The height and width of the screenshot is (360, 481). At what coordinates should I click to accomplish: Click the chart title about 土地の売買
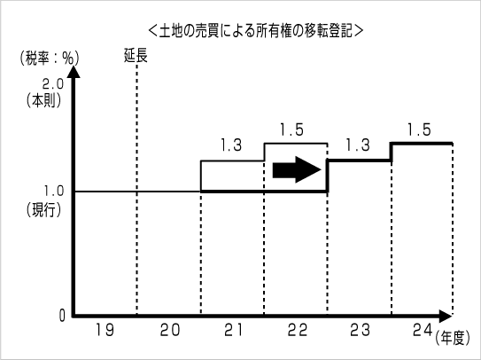pyautogui.click(x=255, y=31)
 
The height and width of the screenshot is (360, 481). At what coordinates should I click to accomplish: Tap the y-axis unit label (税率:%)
pyautogui.click(x=50, y=58)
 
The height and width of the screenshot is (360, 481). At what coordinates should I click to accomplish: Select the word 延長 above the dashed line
pyautogui.click(x=136, y=56)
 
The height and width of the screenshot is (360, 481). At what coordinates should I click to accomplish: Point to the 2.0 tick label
pyautogui.click(x=52, y=84)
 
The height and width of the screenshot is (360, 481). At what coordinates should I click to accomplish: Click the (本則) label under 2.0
pyautogui.click(x=44, y=100)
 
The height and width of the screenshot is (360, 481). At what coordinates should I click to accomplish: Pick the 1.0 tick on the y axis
pyautogui.click(x=53, y=191)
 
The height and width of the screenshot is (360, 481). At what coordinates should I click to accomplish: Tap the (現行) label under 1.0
pyautogui.click(x=44, y=210)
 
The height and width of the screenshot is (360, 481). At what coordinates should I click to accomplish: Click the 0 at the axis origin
pyautogui.click(x=62, y=316)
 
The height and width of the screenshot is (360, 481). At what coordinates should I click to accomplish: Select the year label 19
pyautogui.click(x=105, y=330)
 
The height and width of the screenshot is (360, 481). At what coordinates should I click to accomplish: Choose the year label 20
pyautogui.click(x=170, y=330)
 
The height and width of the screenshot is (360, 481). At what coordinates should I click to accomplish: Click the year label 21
pyautogui.click(x=233, y=330)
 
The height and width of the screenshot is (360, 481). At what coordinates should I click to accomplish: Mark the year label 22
pyautogui.click(x=298, y=330)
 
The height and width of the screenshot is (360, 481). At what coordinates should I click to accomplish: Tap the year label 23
pyautogui.click(x=360, y=330)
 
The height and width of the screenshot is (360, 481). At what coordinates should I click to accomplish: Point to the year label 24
pyautogui.click(x=423, y=330)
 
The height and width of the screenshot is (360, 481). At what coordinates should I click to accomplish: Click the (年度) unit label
pyautogui.click(x=453, y=338)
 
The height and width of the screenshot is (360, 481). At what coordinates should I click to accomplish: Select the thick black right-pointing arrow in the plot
pyautogui.click(x=297, y=169)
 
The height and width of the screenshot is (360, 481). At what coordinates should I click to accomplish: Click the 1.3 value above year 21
pyautogui.click(x=231, y=145)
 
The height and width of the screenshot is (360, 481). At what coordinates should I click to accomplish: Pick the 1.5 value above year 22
pyautogui.click(x=291, y=130)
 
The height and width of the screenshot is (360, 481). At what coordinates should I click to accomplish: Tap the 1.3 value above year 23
pyautogui.click(x=357, y=145)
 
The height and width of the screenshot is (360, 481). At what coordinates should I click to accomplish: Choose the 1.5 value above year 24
pyautogui.click(x=419, y=130)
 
